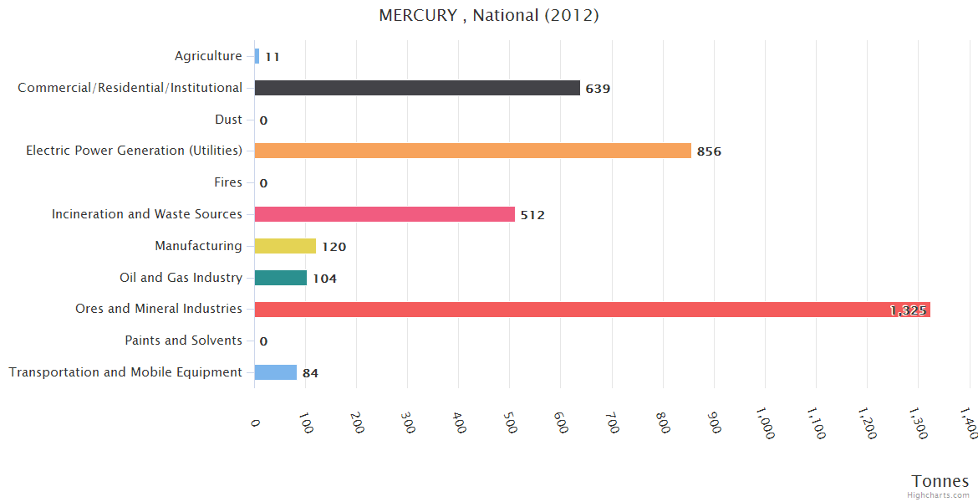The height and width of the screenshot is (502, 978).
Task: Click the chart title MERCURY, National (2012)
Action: click(x=489, y=15)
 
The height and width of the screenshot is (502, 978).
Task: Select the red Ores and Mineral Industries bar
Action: click(x=592, y=310)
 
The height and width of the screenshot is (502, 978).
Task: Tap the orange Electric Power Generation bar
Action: click(x=472, y=151)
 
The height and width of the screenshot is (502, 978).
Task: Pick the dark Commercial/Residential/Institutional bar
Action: click(x=417, y=88)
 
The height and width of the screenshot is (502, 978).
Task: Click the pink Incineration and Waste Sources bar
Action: click(x=385, y=214)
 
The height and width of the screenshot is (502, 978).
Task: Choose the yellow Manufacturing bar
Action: click(x=285, y=246)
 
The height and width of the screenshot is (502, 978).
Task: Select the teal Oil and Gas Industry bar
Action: click(x=281, y=278)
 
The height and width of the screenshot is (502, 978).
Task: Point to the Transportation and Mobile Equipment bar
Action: click(x=276, y=372)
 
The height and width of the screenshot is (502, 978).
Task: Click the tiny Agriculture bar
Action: click(x=257, y=56)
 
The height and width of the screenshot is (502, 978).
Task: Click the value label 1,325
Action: click(x=908, y=310)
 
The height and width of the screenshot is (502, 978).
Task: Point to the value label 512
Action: click(x=532, y=215)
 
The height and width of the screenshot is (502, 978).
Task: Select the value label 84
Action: click(x=310, y=373)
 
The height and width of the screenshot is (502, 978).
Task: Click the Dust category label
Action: click(x=228, y=120)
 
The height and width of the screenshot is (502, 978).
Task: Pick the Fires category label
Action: click(x=228, y=182)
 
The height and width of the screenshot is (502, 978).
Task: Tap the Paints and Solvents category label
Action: click(x=183, y=341)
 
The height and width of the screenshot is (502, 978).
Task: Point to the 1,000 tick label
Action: click(x=763, y=423)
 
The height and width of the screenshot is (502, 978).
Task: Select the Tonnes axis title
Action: click(x=940, y=481)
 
